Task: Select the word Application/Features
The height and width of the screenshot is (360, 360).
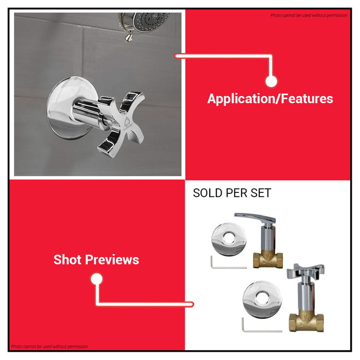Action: coord(270,99)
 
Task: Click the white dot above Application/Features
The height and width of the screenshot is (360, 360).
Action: coord(272,81)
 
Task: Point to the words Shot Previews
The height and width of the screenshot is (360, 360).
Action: coord(96,260)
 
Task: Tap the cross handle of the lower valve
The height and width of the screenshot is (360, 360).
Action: coord(307,272)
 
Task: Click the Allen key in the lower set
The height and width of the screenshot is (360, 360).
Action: coord(260,326)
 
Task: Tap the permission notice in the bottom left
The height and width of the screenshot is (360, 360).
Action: coord(49,347)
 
